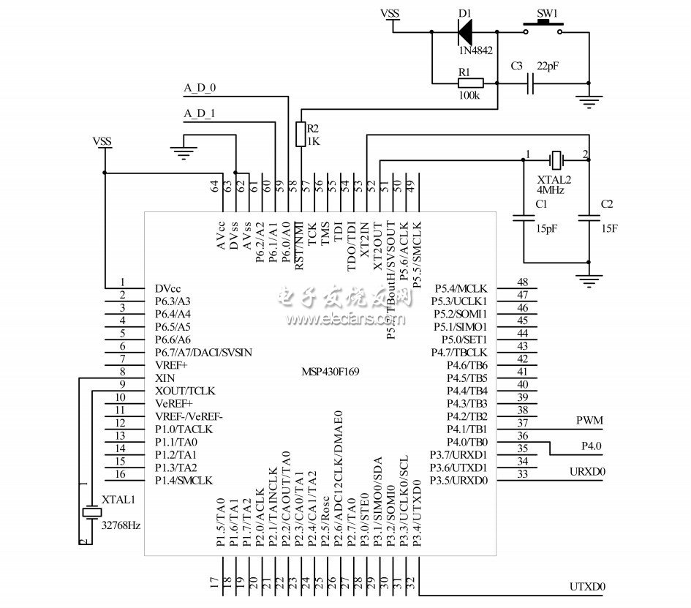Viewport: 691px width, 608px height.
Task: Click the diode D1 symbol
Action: [464, 31]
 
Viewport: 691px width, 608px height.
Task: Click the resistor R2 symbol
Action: [299, 134]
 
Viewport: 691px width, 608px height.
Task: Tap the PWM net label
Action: [589, 420]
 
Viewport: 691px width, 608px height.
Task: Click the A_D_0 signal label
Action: [199, 89]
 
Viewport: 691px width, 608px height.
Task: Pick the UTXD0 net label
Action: [588, 587]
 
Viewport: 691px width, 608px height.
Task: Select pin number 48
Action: [522, 282]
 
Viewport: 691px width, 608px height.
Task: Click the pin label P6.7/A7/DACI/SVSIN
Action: [203, 352]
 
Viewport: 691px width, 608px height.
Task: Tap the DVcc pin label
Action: [168, 288]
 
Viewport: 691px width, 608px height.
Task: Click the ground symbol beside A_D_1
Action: [183, 152]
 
